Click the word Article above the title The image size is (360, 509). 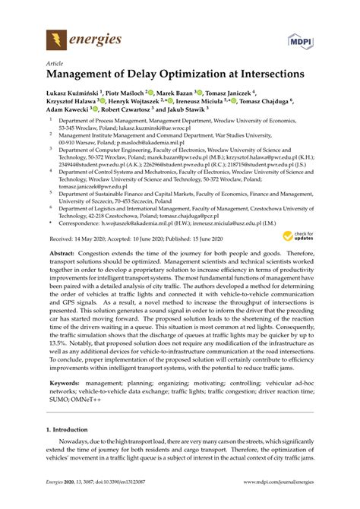tap(55, 65)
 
